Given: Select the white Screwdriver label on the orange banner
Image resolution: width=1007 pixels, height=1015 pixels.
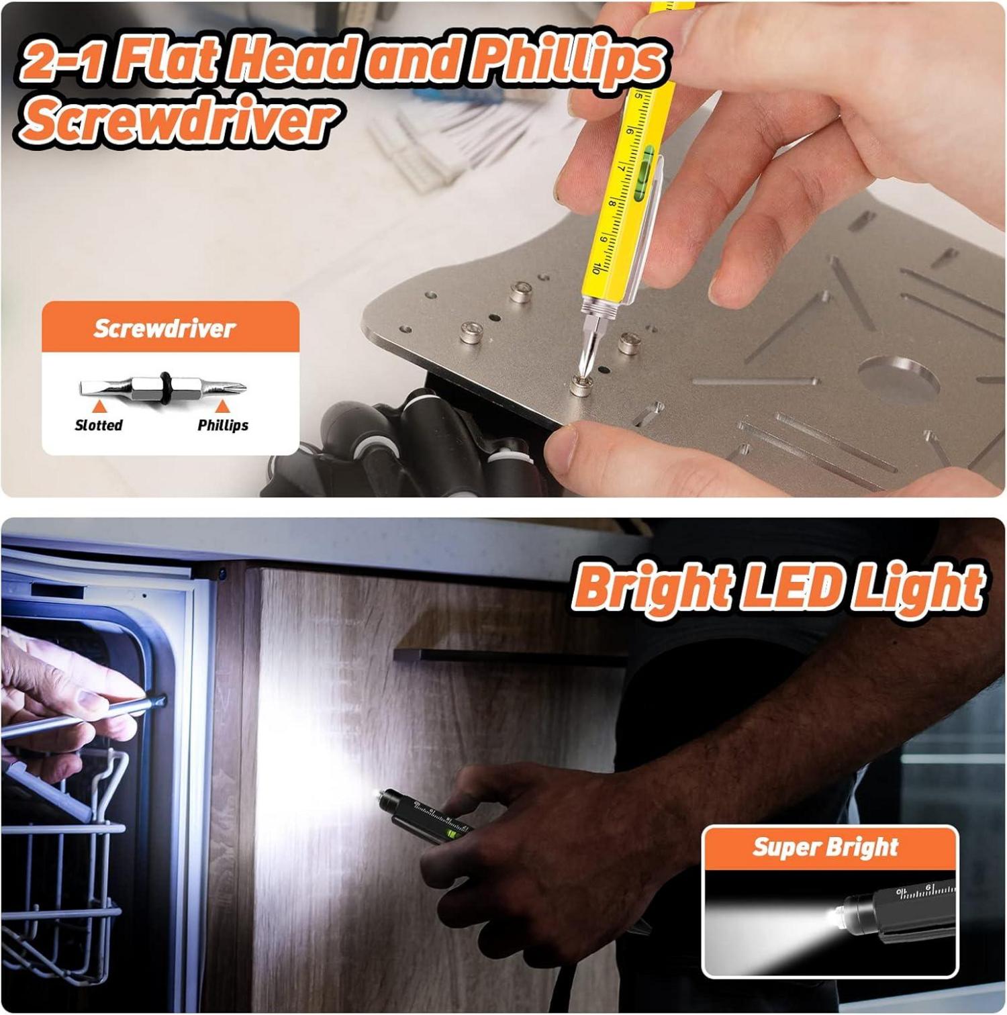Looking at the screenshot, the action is [x=165, y=329].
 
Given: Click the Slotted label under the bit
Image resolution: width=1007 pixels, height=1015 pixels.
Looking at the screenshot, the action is [x=99, y=425].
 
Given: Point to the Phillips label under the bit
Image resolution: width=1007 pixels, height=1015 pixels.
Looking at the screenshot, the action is [x=223, y=425].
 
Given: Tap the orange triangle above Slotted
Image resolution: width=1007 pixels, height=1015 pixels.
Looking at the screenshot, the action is [x=99, y=406].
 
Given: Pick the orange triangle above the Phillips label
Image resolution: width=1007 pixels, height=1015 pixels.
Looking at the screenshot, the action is [x=223, y=406].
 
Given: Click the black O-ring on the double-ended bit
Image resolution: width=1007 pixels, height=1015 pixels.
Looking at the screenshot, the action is [x=165, y=387].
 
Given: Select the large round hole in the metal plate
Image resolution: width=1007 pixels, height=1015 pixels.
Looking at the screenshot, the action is [x=899, y=379].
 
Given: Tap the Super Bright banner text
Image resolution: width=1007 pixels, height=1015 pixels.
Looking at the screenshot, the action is [x=825, y=847].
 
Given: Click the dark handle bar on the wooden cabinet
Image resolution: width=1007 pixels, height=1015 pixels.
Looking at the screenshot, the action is [x=510, y=656].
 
